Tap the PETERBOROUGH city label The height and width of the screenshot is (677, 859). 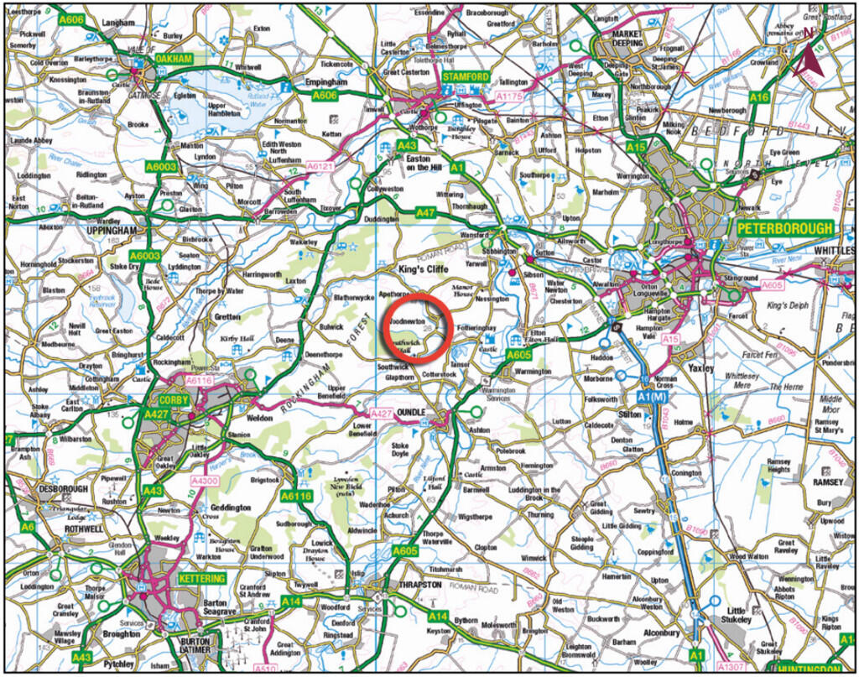[x=784, y=228]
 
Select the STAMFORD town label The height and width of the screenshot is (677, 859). [x=466, y=77]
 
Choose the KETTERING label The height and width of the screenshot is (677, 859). [x=201, y=579]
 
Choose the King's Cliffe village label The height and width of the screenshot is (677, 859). [x=426, y=268]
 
